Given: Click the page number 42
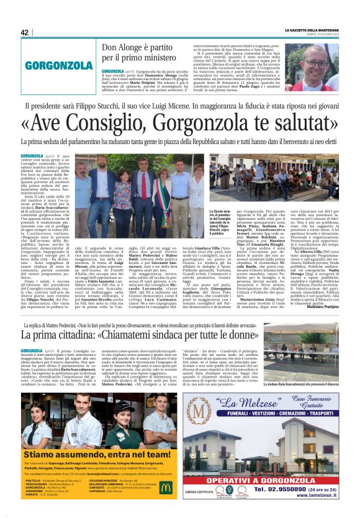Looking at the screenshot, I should pyautogui.click(x=25, y=33).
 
